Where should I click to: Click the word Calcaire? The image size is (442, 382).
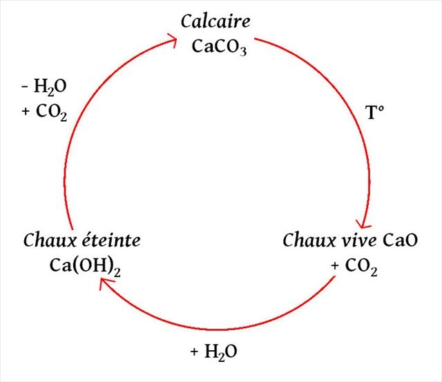coord(215,21)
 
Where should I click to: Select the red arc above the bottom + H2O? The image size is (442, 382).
coord(214,327)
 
